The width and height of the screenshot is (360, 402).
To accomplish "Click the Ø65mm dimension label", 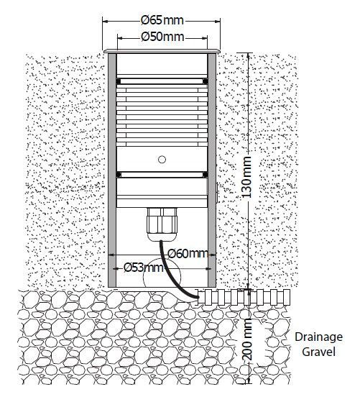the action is [162, 21].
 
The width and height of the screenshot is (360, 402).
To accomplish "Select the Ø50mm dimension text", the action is [162, 37].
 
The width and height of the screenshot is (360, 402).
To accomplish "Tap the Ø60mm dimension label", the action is [188, 254].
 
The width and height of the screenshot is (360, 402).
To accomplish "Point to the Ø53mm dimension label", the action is [143, 268].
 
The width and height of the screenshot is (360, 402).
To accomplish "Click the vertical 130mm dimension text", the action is [247, 177].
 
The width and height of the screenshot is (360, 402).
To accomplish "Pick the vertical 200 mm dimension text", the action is [247, 339].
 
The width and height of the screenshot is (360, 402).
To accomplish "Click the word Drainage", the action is [318, 337].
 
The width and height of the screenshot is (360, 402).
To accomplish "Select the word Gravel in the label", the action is [318, 352].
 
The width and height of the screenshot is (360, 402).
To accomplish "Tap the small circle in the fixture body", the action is [162, 160].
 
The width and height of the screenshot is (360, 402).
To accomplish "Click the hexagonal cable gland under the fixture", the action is [162, 224].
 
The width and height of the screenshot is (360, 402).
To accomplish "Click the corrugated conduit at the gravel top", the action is [244, 298].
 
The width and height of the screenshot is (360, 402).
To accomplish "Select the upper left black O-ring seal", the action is [118, 81].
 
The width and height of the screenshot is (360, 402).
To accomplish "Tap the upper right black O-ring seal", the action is [206, 81].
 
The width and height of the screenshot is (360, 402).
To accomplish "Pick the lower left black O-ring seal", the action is [118, 175].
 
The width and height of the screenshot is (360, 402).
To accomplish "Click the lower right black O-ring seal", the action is [206, 175].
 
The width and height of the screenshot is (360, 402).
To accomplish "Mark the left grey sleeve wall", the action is [112, 170].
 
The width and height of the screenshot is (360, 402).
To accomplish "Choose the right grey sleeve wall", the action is [212, 170].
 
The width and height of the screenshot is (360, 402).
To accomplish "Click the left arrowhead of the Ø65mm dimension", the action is [106, 22].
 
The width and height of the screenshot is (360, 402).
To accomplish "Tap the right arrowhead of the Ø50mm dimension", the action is [204, 38].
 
